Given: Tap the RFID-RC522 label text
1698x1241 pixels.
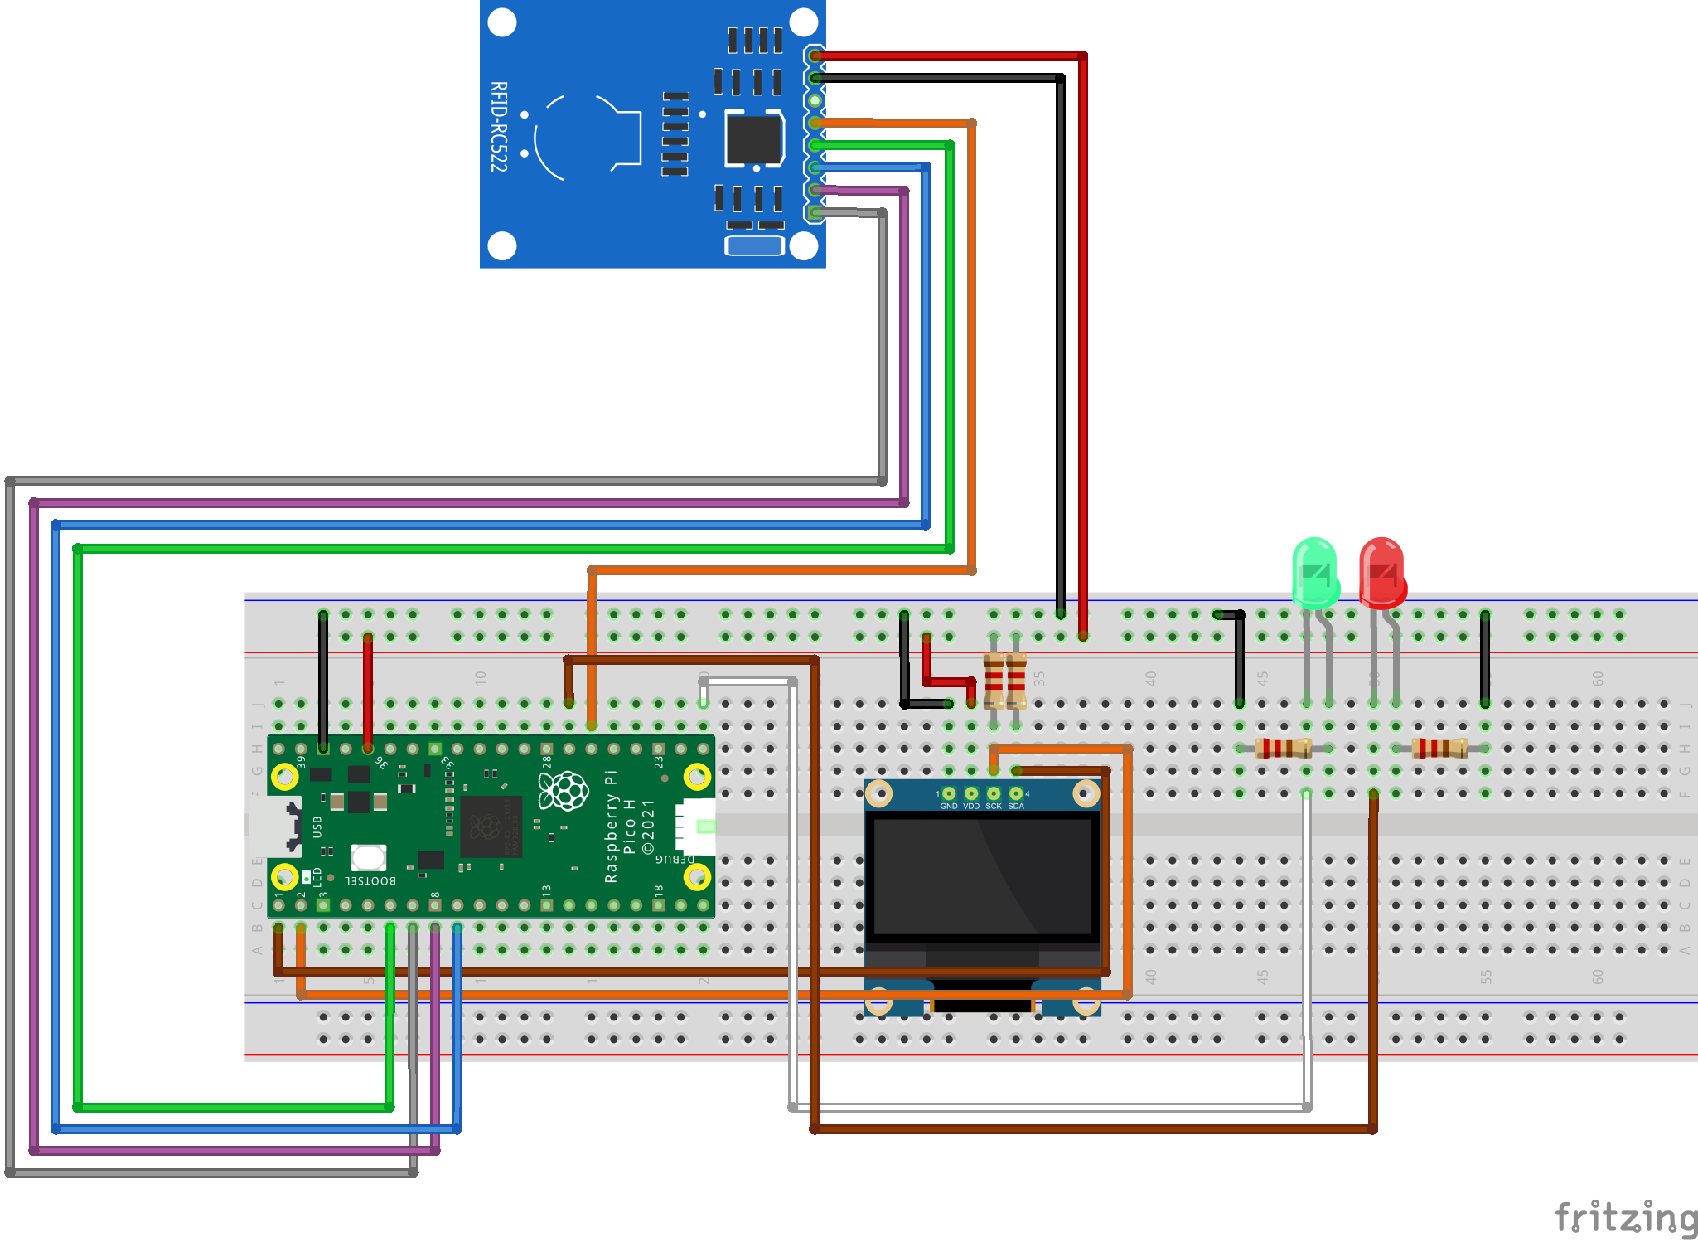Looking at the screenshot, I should [498, 127].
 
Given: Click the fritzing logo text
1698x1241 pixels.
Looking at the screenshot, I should [1625, 1217].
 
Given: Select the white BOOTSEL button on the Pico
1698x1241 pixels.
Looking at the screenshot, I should [368, 857].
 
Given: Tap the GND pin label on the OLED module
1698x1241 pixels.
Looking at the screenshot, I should [949, 806].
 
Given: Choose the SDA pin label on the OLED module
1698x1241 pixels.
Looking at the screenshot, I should [1016, 806].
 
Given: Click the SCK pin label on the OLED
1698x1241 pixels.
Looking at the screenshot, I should [994, 806].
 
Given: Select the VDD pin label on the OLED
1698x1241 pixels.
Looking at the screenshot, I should [971, 806].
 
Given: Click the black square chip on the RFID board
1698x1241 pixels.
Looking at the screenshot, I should [754, 138].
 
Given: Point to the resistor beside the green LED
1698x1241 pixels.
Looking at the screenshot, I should [1283, 749].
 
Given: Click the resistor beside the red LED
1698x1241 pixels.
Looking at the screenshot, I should [1439, 749].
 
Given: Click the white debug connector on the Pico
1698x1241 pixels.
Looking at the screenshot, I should [696, 827].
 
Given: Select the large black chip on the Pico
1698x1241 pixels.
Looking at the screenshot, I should [491, 827].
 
